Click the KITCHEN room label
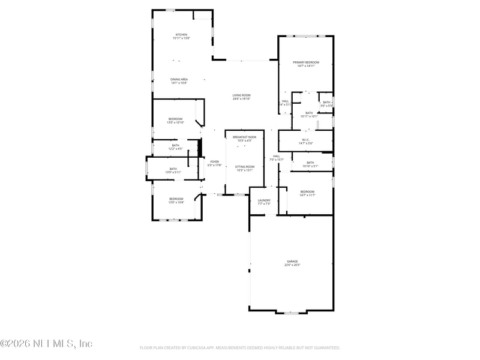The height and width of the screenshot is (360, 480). click(181, 34)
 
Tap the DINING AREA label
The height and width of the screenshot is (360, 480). click(179, 79)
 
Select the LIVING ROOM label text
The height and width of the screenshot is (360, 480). click(241, 95)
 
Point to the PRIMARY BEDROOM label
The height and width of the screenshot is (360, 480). click(305, 62)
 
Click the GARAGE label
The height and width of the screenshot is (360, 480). click(292, 262)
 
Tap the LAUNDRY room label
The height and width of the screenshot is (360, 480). click(264, 200)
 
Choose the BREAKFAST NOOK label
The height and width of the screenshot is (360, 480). click(244, 137)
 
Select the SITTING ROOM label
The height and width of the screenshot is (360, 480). click(244, 166)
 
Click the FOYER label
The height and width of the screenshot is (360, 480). click(214, 161)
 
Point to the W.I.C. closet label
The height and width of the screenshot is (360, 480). click(305, 139)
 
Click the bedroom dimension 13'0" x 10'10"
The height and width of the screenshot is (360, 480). click(176, 122)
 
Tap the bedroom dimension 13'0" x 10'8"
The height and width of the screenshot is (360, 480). click(176, 202)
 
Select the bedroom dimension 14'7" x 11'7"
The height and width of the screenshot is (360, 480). click(307, 195)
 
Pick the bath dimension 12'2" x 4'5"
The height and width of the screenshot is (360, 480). click(175, 148)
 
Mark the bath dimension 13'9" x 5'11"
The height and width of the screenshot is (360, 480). click(173, 172)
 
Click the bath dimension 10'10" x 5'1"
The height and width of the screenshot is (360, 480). click(310, 166)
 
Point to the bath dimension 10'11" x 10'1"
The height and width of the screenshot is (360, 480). click(309, 116)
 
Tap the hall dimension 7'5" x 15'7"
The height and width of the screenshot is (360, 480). click(277, 160)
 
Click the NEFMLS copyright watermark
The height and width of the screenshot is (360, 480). click(46, 344)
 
